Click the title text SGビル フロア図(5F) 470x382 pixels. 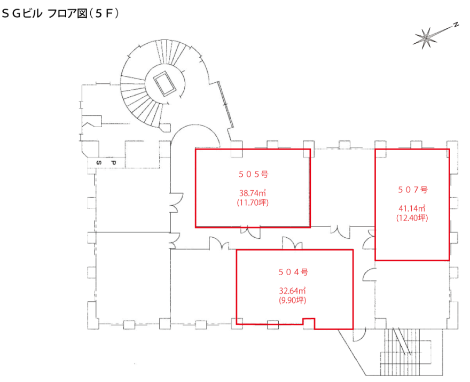60,13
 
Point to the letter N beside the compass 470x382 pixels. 456,25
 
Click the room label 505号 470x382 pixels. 253,174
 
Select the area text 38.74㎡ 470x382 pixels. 253,193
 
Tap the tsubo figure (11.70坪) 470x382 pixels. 253,202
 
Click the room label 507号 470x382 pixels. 412,190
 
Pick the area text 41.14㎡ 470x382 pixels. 412,208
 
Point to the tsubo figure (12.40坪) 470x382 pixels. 412,218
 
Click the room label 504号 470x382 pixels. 293,272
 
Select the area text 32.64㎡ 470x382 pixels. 293,291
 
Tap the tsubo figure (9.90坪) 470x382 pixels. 293,300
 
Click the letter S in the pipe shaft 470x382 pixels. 99,163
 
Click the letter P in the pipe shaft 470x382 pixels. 113,163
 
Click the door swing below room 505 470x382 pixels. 250,232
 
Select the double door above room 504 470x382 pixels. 292,243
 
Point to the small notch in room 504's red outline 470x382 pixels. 309,322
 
